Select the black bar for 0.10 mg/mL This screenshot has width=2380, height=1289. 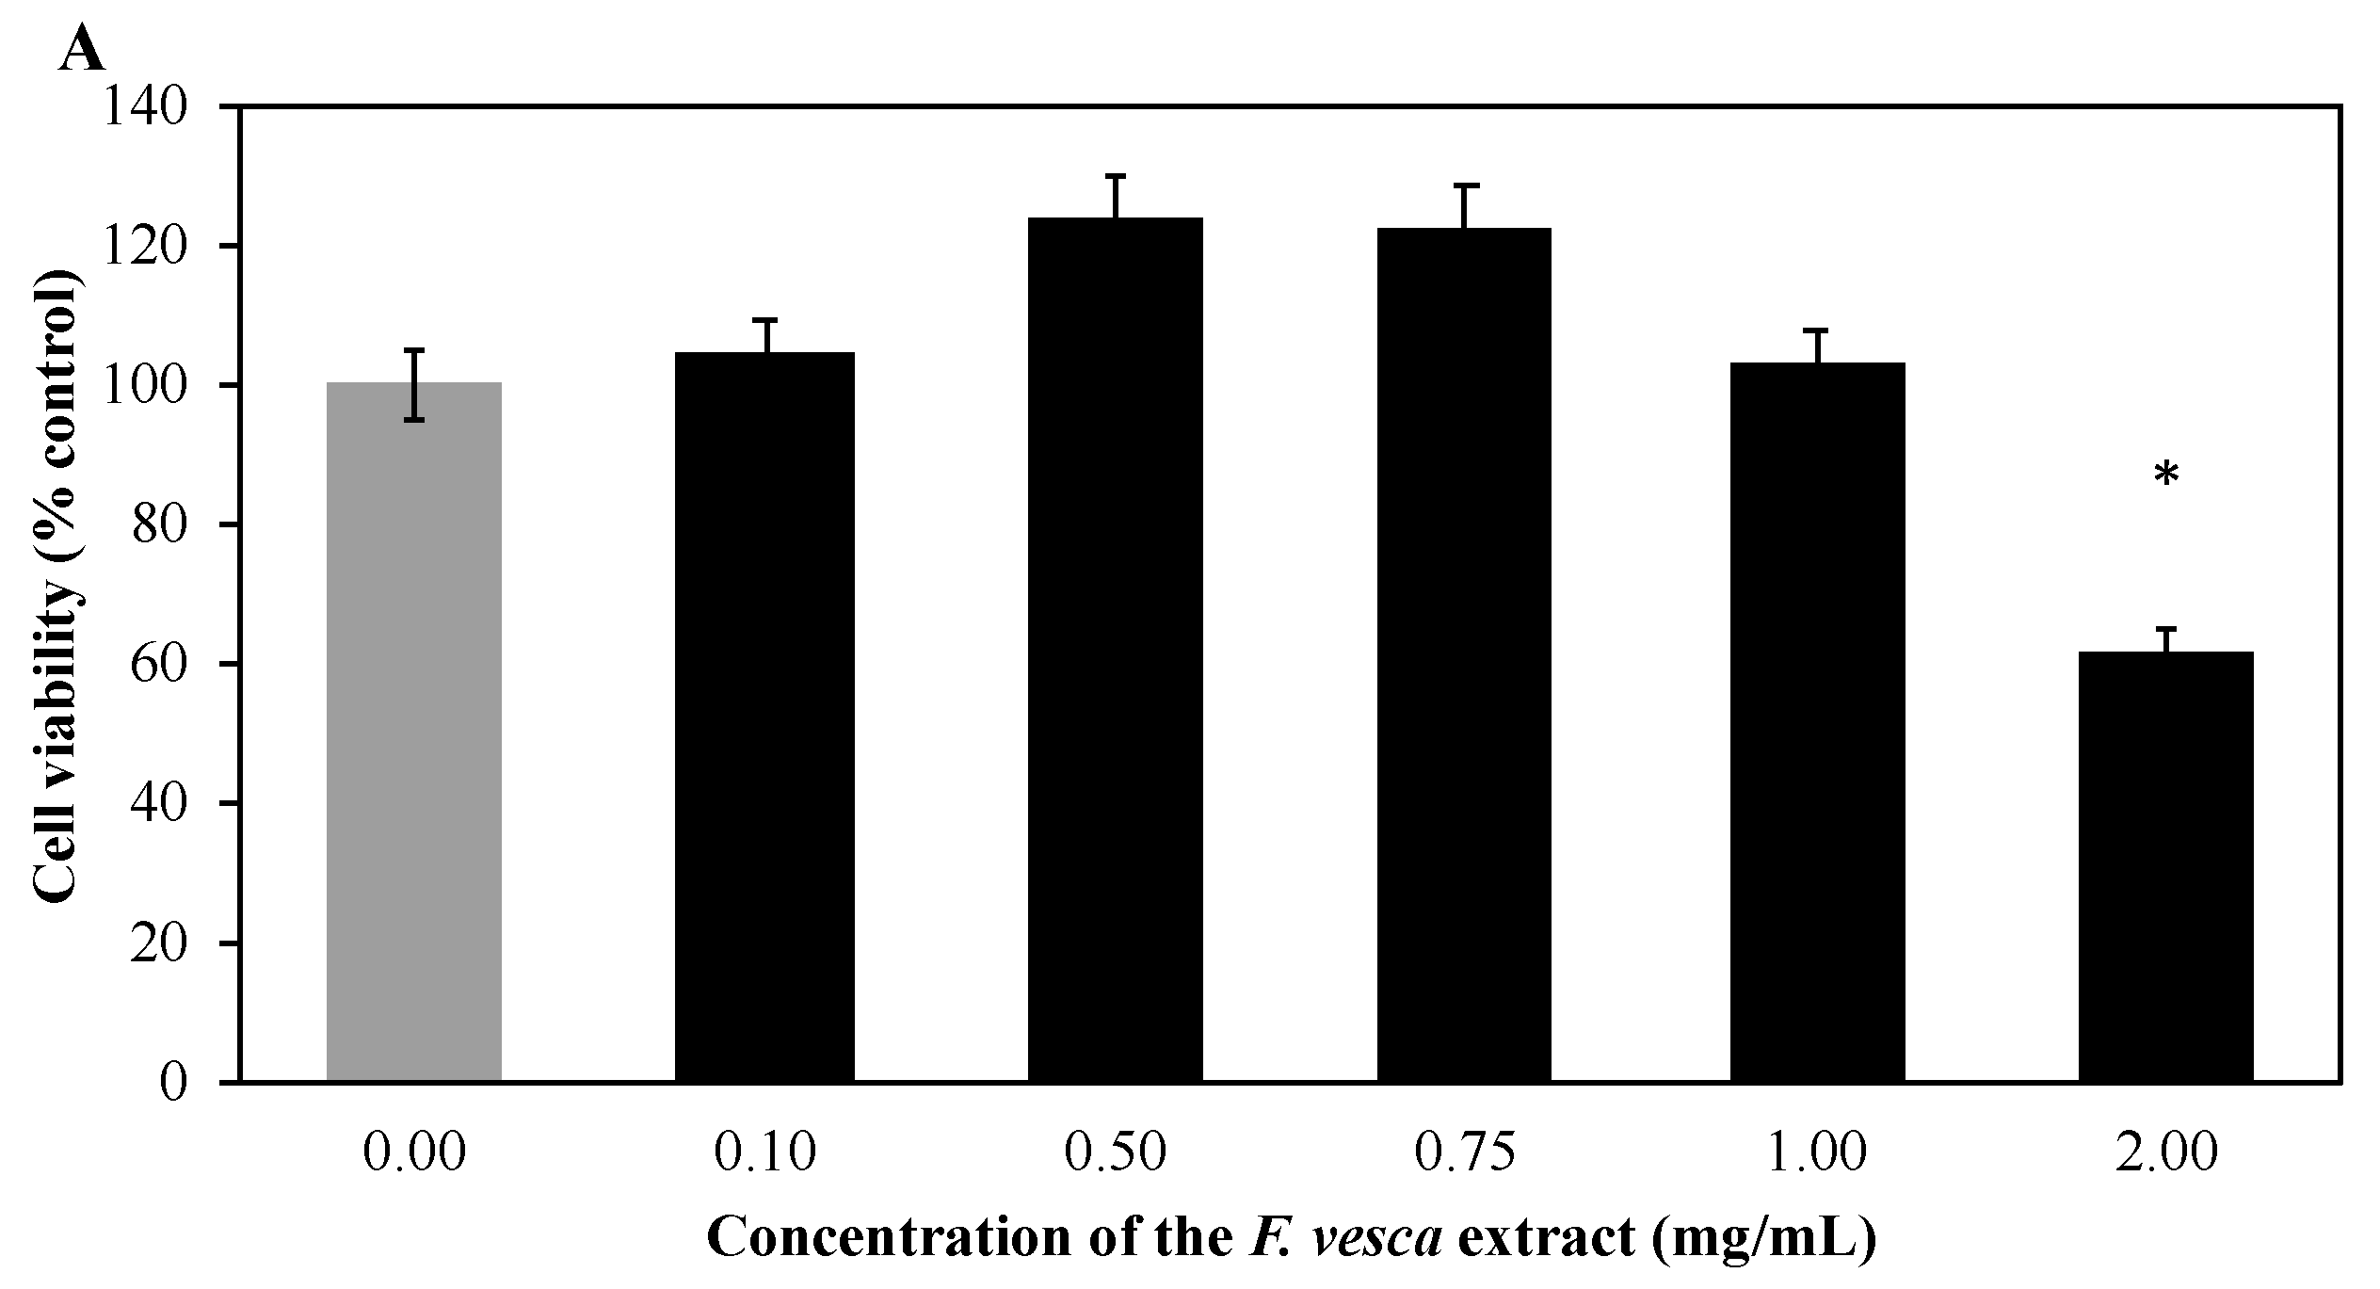click(764, 716)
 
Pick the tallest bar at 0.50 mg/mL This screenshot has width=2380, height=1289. click(1115, 650)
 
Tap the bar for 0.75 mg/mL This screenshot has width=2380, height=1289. click(1464, 654)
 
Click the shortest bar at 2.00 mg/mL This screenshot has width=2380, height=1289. click(2165, 866)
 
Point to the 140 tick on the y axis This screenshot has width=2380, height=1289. click(155, 107)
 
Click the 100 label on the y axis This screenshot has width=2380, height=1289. click(155, 386)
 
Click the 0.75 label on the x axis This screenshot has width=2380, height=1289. click(1464, 1154)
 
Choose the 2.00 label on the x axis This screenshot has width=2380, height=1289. click(2165, 1154)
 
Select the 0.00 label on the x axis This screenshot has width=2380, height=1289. click(414, 1154)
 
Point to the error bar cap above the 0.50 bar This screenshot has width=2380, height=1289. click(1115, 176)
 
